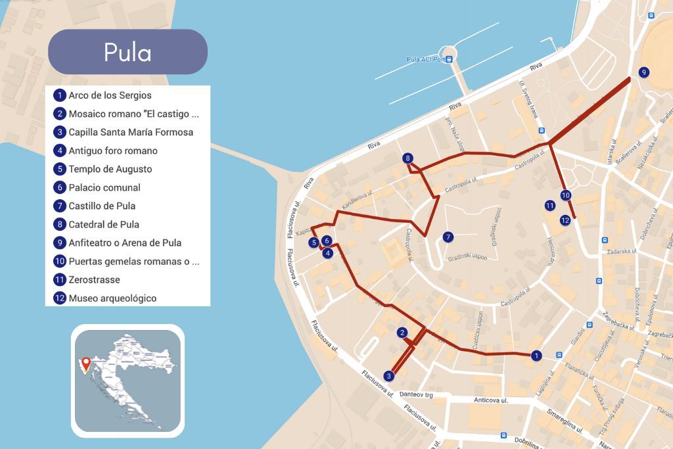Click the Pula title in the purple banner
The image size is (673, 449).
tap(128, 52)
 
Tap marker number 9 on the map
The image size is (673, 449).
tap(643, 72)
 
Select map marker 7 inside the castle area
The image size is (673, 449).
tap(448, 237)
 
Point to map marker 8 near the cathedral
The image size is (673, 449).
tap(408, 158)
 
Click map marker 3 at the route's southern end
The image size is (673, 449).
tap(389, 376)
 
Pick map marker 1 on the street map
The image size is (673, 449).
tap(537, 356)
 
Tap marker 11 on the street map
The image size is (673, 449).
tap(550, 206)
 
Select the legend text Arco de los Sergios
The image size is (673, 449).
tap(110, 95)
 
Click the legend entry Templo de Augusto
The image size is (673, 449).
tap(110, 169)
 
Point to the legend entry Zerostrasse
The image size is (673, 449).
tap(94, 279)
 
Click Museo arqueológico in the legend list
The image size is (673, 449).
tap(112, 298)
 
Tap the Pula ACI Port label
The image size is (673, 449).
tap(426, 59)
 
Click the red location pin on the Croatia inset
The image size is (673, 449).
tap(85, 362)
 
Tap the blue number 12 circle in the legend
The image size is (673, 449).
tap(60, 298)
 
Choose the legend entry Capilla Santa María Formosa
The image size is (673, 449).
tap(131, 132)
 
